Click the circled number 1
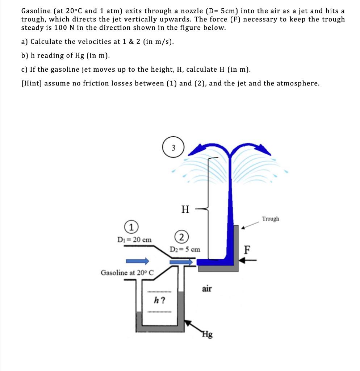132,228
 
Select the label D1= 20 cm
134,239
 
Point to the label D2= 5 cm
185,249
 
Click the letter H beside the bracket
185,209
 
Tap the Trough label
271,219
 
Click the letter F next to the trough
248,250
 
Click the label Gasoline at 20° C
127,272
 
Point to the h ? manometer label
160,300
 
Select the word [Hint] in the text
32,83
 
